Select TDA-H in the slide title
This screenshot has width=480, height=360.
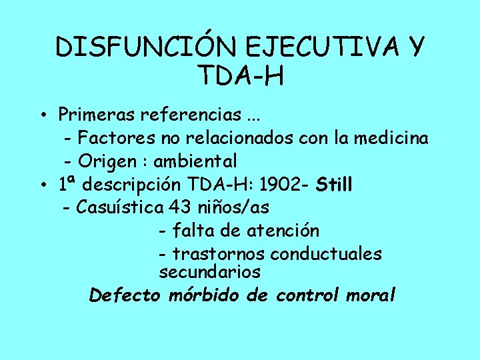241,76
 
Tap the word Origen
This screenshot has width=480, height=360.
108,161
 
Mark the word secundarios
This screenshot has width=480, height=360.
209,272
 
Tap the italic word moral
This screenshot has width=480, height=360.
371,295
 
